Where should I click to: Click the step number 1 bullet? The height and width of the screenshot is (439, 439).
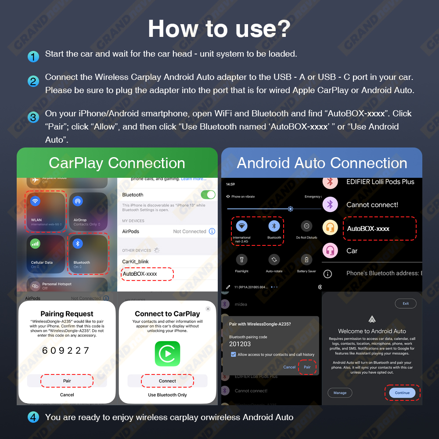coord(33,57)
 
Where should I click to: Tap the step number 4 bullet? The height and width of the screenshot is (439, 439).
coord(33,417)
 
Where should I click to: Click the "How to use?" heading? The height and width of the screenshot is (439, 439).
coord(219,29)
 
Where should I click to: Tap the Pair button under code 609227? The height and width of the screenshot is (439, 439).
coord(67,381)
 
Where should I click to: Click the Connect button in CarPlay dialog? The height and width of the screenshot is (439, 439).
coord(167,381)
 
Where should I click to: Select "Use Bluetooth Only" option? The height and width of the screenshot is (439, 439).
coord(167,395)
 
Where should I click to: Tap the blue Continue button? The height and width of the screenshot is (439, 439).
coord(402,393)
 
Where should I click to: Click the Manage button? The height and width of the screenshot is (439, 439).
coord(340,393)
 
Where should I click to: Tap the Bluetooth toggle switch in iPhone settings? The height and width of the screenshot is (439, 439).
coord(208,194)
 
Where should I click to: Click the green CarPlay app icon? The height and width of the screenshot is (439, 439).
coord(167,354)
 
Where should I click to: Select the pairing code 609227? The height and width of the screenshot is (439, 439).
coord(66,350)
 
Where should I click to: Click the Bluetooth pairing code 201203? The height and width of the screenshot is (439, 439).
coord(240,344)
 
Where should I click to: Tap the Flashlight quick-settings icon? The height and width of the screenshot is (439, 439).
coord(241,259)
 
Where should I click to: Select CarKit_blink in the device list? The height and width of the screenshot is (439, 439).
coord(135,261)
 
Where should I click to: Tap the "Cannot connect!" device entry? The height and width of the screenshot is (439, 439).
coord(372,205)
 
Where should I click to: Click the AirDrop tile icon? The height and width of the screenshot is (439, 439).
coord(78,202)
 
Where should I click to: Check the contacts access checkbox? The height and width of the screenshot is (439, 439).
coord(233,354)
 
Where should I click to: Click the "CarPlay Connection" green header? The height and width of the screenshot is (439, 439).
coord(117,163)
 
